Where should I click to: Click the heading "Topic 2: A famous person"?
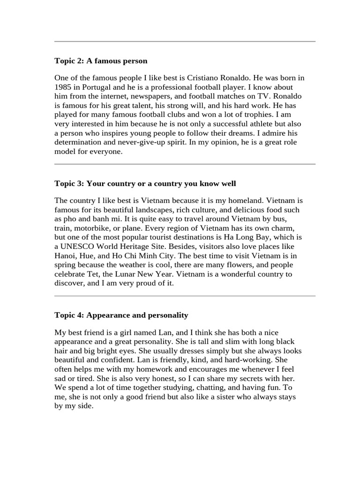tap(101, 61)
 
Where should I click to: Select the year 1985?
tap(63, 87)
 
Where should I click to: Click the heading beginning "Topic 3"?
tap(145, 183)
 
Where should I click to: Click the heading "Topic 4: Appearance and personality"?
tap(121, 315)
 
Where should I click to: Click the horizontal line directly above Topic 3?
tap(185, 164)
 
